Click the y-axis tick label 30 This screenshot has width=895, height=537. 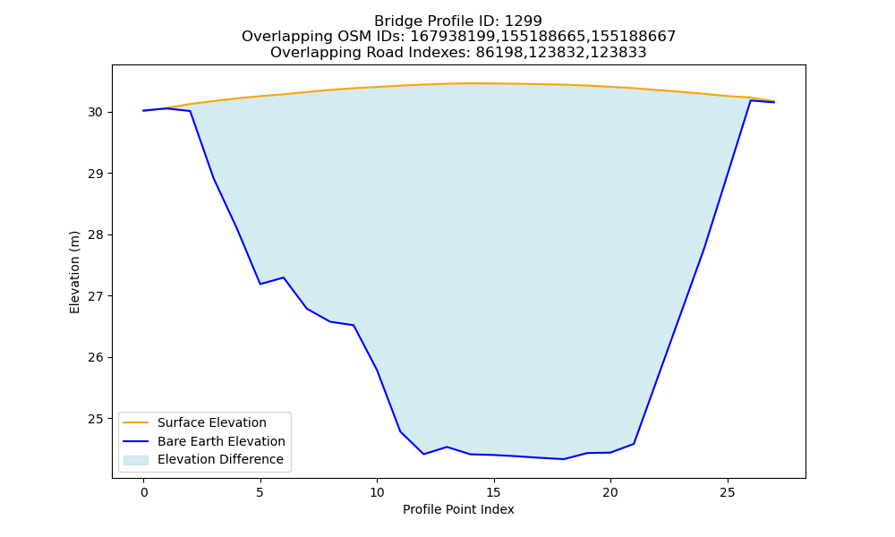click(x=96, y=113)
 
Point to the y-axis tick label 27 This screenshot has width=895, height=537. click(x=96, y=296)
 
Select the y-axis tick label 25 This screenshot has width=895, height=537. click(x=96, y=419)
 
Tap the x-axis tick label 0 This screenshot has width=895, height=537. click(x=144, y=492)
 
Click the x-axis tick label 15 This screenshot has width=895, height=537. click(x=494, y=492)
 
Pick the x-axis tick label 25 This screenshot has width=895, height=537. click(x=727, y=492)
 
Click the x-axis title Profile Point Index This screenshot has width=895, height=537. click(x=458, y=509)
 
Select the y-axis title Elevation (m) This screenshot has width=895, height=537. click(x=74, y=272)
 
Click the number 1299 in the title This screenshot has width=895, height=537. click(x=524, y=21)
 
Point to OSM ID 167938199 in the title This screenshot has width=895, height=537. click(x=454, y=37)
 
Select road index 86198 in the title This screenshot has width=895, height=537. click(x=499, y=53)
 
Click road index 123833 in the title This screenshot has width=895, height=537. click(x=618, y=53)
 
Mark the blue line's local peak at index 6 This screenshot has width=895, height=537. click(x=284, y=277)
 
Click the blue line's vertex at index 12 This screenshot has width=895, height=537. click(x=423, y=454)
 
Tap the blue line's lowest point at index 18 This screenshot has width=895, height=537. click(x=563, y=459)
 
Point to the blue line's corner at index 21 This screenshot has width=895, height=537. click(x=634, y=443)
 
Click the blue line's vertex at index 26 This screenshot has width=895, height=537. click(x=750, y=100)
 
